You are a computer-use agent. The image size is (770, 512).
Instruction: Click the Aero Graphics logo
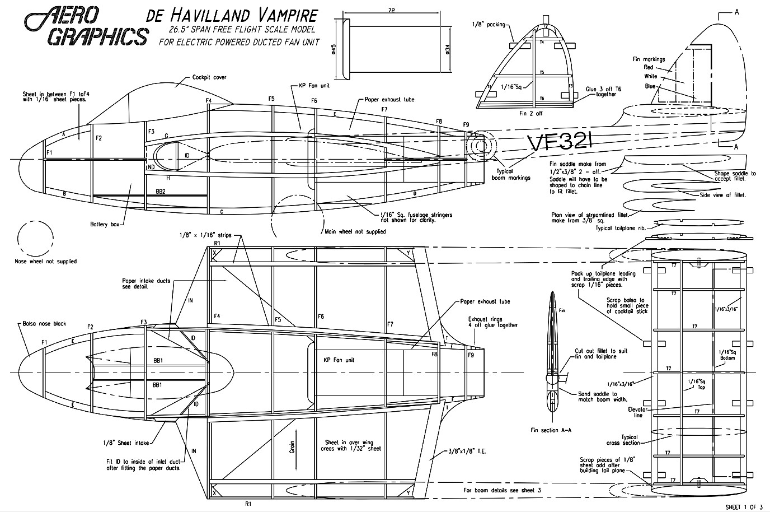coord(84,25)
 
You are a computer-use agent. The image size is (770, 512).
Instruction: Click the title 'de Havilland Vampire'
coord(232,15)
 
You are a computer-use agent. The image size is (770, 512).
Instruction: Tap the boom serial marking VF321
coord(560,143)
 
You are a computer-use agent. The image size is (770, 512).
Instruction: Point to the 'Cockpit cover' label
coord(209,77)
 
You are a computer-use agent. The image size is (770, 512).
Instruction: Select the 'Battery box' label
coord(105,225)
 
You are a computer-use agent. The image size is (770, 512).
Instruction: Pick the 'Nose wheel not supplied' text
coord(46,261)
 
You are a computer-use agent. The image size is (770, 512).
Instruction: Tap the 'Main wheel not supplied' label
coord(355,231)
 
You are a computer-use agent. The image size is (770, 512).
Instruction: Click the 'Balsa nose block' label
coord(45,323)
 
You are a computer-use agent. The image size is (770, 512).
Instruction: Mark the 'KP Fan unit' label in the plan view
coord(339,360)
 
